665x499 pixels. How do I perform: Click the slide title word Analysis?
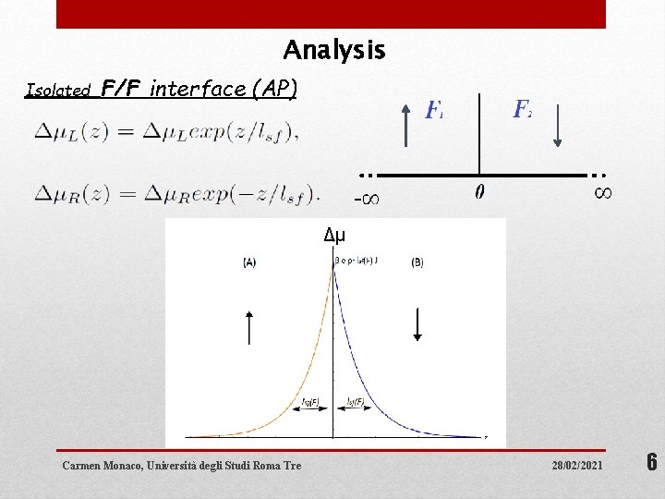pyautogui.click(x=334, y=50)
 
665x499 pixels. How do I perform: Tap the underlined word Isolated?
pyautogui.click(x=58, y=91)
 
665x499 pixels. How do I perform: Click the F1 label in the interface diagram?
pyautogui.click(x=434, y=111)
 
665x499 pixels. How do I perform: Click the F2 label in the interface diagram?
pyautogui.click(x=522, y=110)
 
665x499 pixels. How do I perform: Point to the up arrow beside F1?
pyautogui.click(x=407, y=125)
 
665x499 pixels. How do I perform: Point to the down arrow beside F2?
pyautogui.click(x=558, y=125)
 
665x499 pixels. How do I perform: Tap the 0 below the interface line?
pyautogui.click(x=479, y=192)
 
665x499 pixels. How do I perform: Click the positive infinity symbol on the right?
pyautogui.click(x=601, y=192)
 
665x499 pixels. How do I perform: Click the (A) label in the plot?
pyautogui.click(x=249, y=262)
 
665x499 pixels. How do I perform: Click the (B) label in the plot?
pyautogui.click(x=417, y=262)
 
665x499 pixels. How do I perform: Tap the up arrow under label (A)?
pyautogui.click(x=249, y=327)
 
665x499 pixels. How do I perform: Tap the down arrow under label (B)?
pyautogui.click(x=417, y=323)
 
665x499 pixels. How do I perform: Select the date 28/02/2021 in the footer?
pyautogui.click(x=574, y=465)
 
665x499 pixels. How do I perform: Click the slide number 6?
pyautogui.click(x=650, y=463)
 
